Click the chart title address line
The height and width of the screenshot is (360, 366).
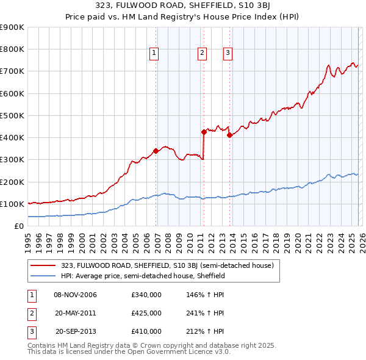[x=182, y=6]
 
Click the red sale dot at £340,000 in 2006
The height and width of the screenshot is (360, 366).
[x=156, y=151]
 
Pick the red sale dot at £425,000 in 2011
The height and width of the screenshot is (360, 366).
[x=204, y=132]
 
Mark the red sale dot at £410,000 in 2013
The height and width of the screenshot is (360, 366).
[x=229, y=135]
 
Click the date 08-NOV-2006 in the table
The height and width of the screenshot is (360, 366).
[x=76, y=295]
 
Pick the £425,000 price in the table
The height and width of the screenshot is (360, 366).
[x=146, y=313]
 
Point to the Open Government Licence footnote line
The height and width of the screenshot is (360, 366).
[x=129, y=352]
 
